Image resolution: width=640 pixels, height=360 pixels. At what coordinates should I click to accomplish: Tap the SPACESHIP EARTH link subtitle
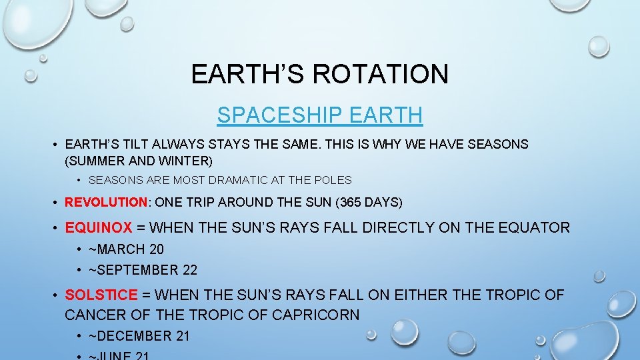coord(319,115)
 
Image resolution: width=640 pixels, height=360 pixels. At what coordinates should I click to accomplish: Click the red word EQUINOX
coord(98,228)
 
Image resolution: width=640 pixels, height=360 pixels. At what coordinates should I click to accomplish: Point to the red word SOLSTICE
coord(101,295)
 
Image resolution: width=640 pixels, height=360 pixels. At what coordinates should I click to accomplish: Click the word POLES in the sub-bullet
coord(333,180)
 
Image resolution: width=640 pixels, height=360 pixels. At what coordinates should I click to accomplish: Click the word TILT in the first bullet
coord(135,144)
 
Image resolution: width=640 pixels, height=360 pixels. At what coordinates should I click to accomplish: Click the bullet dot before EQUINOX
coord(56,228)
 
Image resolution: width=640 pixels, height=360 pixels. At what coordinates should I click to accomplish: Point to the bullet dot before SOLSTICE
coord(56,295)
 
